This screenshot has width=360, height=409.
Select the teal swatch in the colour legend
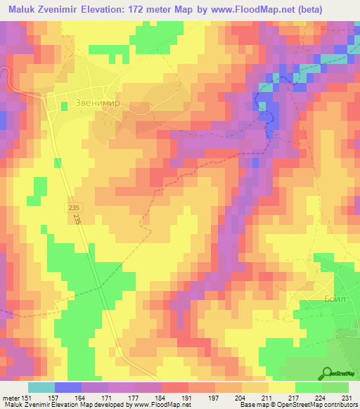pos(41,387)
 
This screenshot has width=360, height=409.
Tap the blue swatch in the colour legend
pos(68,387)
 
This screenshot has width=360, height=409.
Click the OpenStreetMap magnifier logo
pos(328,372)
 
